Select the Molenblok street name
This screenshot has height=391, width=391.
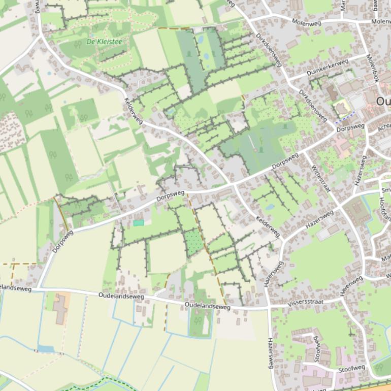tap(373, 69)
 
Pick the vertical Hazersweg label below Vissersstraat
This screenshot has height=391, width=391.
tap(270, 353)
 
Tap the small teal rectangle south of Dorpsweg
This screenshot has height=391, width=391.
tap(139, 223)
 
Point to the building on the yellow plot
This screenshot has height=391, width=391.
tap(340, 108)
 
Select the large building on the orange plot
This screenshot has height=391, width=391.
tap(61, 308)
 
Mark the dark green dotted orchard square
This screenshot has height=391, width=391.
tap(193, 242)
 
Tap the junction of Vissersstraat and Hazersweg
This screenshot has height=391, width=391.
tap(269, 307)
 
